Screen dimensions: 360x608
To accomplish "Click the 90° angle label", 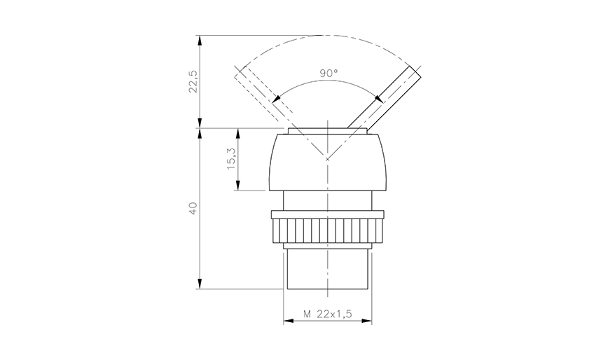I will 329,73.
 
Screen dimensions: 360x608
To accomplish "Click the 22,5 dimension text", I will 193,81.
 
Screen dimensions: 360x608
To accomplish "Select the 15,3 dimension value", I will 231,160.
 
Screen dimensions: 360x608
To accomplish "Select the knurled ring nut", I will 327,229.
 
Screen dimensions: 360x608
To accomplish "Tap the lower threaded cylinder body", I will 327,270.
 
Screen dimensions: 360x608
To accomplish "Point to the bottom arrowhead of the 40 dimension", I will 201,284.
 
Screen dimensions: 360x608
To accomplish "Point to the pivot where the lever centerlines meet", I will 327,159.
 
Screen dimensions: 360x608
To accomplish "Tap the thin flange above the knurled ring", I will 327,212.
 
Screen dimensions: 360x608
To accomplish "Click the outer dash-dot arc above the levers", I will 327,36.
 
